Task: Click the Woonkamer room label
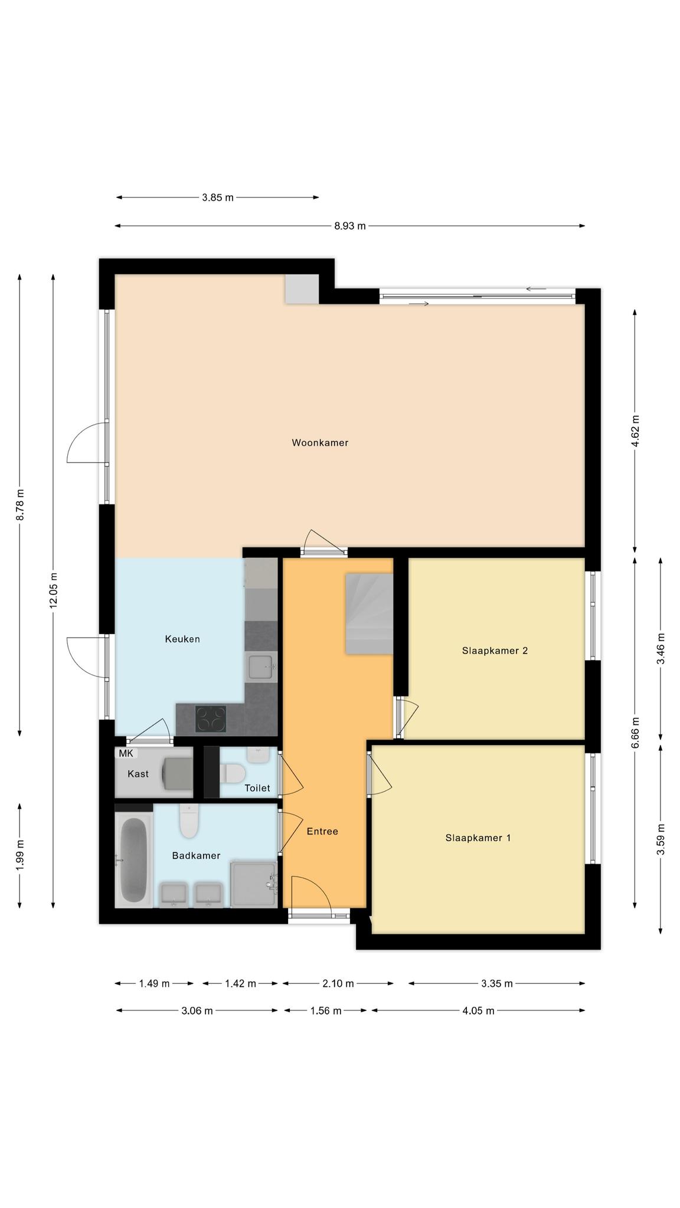(320, 442)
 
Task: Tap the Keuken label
(182, 639)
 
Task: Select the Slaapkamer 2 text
(495, 651)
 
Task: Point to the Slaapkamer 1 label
(478, 838)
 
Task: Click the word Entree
(322, 831)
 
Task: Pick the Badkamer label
(196, 855)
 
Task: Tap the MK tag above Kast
(126, 753)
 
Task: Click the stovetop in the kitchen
(211, 719)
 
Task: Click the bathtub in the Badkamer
(133, 859)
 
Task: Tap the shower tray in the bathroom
(253, 884)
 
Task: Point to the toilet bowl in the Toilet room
(233, 773)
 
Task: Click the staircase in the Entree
(369, 613)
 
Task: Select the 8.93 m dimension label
(350, 225)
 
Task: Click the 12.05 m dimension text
(53, 590)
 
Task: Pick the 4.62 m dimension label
(635, 431)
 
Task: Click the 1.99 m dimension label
(19, 854)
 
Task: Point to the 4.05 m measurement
(478, 1010)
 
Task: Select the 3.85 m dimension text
(218, 198)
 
